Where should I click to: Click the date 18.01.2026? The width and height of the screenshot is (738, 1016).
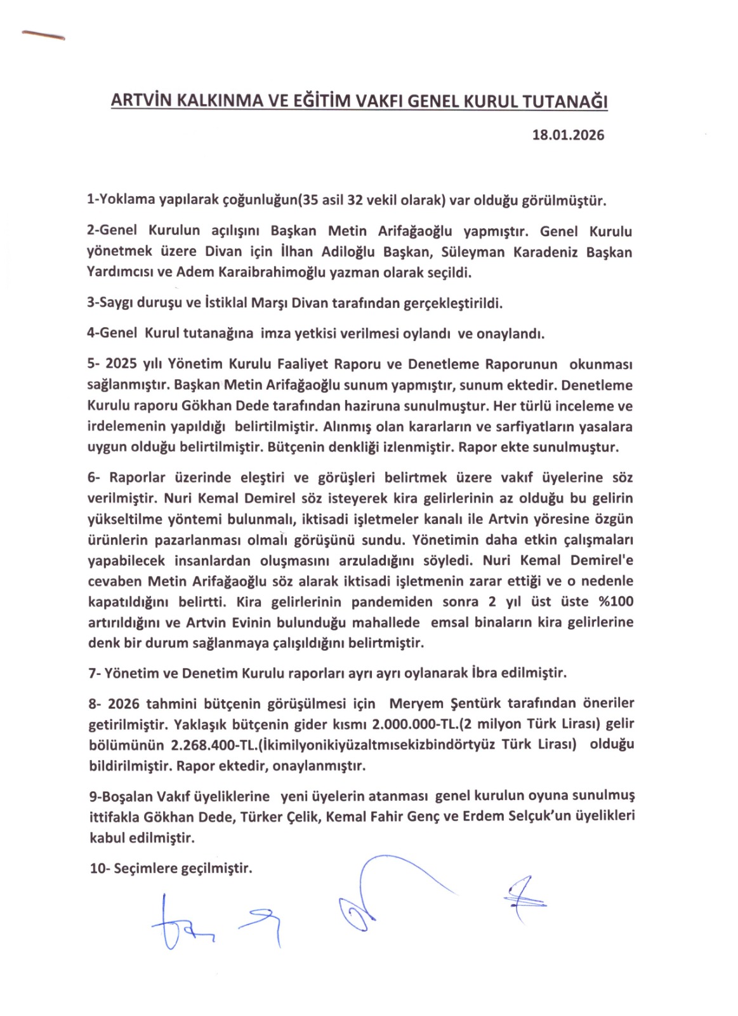tap(568, 135)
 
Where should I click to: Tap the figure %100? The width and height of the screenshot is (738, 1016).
tap(616, 601)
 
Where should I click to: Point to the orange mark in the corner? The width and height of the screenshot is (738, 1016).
tap(43, 35)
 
